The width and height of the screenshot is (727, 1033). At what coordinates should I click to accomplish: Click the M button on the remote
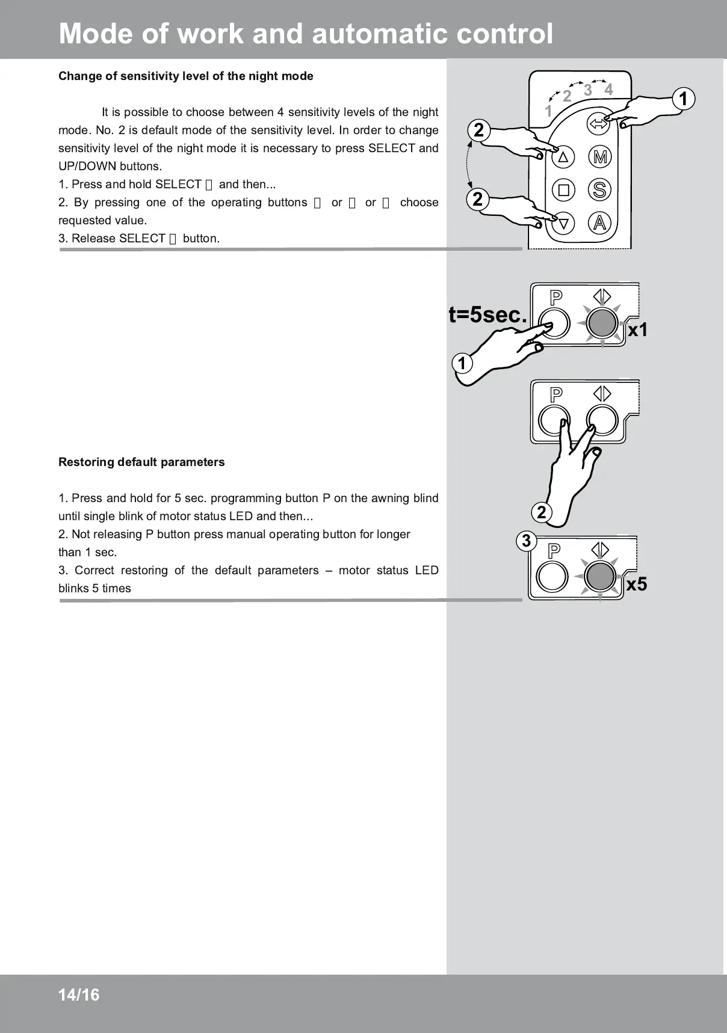coord(599,158)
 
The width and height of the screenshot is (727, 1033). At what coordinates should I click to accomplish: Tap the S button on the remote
coord(599,190)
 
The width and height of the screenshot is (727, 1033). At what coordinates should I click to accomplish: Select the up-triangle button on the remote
coord(563,158)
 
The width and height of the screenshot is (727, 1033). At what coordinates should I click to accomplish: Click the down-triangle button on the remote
coord(563,224)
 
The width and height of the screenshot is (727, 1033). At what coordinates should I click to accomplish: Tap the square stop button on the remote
coord(563,190)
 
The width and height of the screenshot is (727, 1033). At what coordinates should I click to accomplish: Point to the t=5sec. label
coord(487,314)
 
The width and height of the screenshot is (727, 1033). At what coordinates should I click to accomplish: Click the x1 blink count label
coord(638,330)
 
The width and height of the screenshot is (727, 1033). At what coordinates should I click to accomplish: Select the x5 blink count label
coord(637,584)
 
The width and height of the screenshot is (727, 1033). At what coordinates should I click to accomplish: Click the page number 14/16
coord(79,995)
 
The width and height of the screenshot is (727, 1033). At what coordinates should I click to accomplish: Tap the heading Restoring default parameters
coord(141,462)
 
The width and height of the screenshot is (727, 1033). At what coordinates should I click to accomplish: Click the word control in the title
coord(504,34)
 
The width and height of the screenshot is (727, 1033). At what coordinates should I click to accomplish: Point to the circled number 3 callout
coord(527,541)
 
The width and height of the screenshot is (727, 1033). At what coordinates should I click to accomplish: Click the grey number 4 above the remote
coord(608,90)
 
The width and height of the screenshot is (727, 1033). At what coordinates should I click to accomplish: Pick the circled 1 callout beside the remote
coord(683,99)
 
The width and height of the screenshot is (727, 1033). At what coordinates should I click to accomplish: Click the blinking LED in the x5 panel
coord(600,577)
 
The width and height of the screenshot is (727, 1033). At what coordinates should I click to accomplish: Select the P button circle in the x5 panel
coord(552,577)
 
